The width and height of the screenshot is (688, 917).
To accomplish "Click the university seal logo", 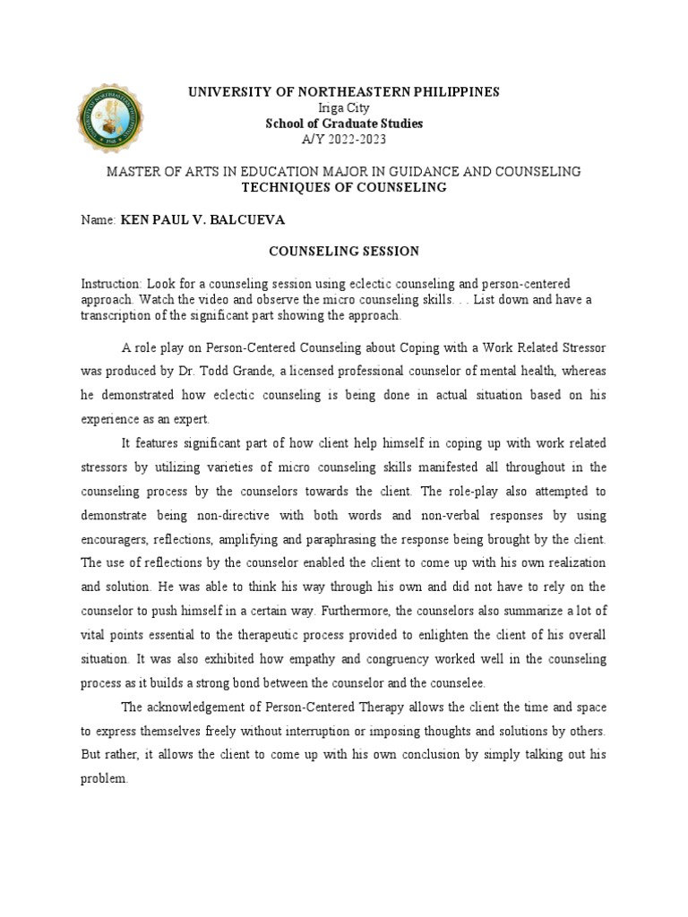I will click(x=114, y=117).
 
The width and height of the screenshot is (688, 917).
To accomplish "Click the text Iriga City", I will click(x=343, y=107).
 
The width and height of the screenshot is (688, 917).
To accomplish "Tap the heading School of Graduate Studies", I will click(x=343, y=124).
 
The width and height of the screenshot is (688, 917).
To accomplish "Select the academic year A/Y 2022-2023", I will click(x=343, y=139).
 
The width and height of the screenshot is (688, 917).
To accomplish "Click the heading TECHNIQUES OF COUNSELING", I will click(x=343, y=186).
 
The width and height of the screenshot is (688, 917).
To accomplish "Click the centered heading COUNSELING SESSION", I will click(x=344, y=252).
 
